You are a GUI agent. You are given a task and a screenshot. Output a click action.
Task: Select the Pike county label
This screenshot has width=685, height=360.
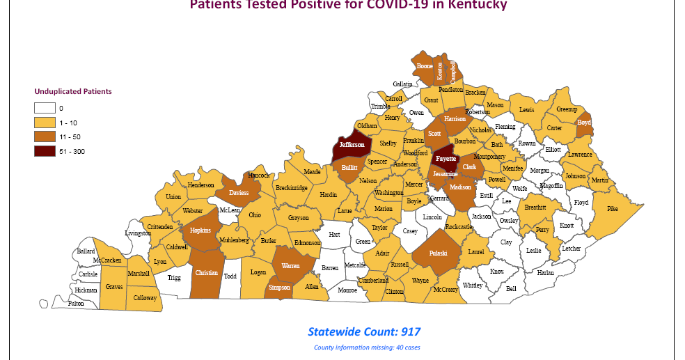[x=613, y=208]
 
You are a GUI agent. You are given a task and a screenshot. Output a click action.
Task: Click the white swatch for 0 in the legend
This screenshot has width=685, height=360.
[x=46, y=108]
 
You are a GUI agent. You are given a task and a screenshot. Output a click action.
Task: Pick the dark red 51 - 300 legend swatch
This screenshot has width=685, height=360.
[x=46, y=151]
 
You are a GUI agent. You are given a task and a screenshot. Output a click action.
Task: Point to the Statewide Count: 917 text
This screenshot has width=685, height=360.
[x=364, y=331]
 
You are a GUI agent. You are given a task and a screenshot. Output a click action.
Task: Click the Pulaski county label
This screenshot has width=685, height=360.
[x=438, y=253]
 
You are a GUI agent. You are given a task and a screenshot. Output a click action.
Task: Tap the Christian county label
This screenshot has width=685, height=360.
[x=207, y=273]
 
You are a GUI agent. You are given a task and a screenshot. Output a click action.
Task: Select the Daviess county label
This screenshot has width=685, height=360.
[x=239, y=193]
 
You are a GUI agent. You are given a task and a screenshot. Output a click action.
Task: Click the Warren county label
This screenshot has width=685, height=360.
[x=290, y=266]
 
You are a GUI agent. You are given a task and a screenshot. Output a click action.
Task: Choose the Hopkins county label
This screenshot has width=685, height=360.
[x=200, y=229]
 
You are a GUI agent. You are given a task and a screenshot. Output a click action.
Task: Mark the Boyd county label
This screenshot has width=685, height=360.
[x=584, y=123]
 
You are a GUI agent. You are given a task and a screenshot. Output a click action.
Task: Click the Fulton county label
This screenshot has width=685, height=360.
[x=76, y=304]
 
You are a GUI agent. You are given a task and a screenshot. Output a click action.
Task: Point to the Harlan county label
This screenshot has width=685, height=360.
[x=546, y=273]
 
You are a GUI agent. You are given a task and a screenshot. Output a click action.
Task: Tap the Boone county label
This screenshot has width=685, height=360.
[x=425, y=66]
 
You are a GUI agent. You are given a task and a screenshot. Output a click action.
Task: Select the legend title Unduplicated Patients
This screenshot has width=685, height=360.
[x=73, y=91]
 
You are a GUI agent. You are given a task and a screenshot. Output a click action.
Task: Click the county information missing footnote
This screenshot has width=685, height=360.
[x=367, y=347]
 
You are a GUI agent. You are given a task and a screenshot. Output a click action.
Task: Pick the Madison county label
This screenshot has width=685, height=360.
[x=460, y=187]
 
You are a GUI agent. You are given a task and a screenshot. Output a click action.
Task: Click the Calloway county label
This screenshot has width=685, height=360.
[x=145, y=297]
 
